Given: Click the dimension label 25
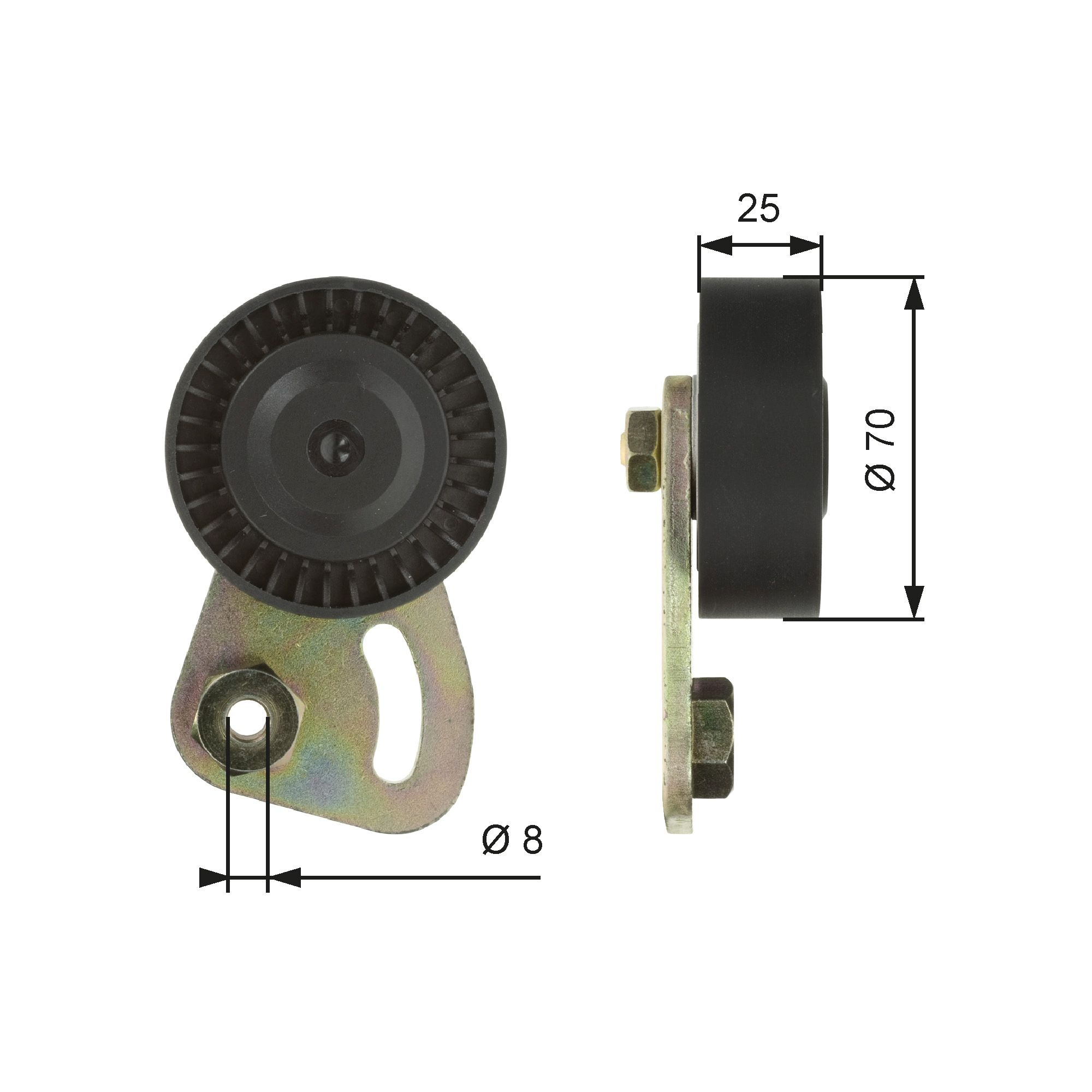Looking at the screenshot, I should tap(758, 209).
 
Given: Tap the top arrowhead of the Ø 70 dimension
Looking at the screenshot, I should tap(914, 294).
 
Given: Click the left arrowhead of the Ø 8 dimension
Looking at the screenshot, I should tap(213, 893).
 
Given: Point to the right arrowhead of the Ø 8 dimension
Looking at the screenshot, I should tap(283, 893).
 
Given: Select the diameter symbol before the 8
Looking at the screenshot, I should tap(496, 855).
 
